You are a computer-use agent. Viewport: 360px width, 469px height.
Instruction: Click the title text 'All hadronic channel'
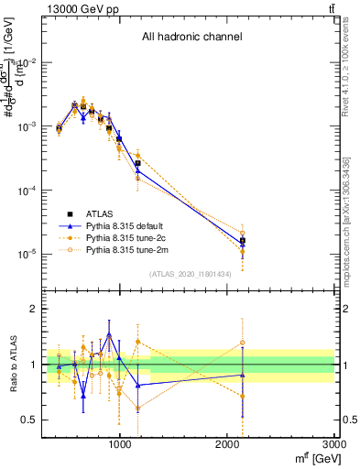pyautogui.click(x=191, y=38)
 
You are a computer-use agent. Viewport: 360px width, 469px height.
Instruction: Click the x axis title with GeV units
pyautogui.click(x=311, y=458)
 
